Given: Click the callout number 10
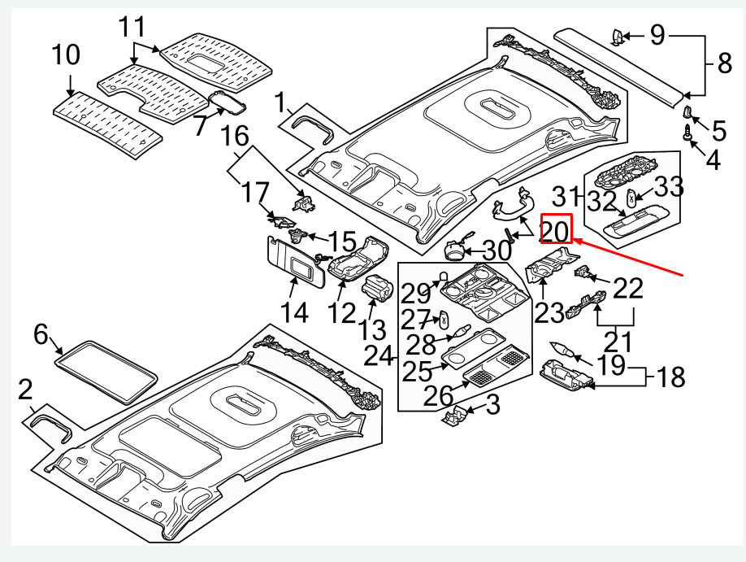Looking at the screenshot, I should point(66,56).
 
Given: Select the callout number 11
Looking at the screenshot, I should point(135,28).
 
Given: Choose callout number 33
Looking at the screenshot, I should point(670,188).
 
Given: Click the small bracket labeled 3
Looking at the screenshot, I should point(457,416).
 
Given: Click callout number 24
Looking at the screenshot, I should point(379,355).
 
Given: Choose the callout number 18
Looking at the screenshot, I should point(669,377).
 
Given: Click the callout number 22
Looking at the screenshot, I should point(627,289).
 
